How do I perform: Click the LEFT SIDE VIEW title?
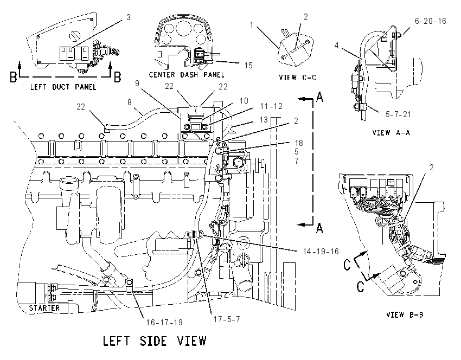(x=155, y=341)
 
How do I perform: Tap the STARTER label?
(x=44, y=308)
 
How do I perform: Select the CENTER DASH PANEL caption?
(x=187, y=75)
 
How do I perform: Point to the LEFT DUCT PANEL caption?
(x=63, y=87)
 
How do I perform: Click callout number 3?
(x=128, y=17)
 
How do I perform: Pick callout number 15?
(x=248, y=65)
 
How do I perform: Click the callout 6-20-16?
(x=431, y=21)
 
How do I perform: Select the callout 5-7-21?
(x=398, y=114)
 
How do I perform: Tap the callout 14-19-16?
(x=321, y=251)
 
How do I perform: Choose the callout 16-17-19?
(x=164, y=323)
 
